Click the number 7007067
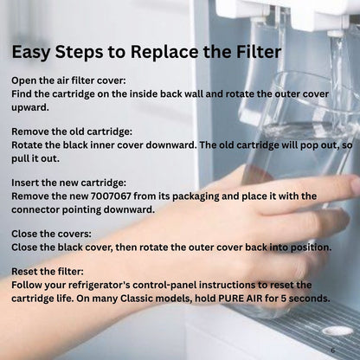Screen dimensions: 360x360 coord(111,196)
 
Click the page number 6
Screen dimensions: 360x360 coord(333,350)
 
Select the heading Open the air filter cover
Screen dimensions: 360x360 coord(68,80)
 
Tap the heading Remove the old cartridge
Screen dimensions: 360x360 coord(72,132)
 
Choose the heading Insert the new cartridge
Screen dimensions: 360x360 coord(69,183)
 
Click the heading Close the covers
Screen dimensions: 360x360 coord(51,234)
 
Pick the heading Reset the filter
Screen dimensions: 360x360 coord(48,272)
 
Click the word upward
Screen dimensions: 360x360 coord(30,108)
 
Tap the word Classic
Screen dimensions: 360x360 coord(137,299)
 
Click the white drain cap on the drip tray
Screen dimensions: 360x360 coord(337,331)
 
